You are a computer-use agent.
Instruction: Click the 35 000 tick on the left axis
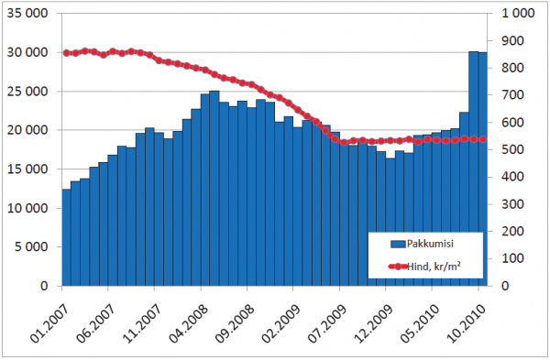click(x=27, y=14)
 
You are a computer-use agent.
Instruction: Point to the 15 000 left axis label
click(x=27, y=169)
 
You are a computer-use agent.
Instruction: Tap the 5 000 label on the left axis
click(x=31, y=247)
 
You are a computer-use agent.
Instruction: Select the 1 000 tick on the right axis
click(x=518, y=14)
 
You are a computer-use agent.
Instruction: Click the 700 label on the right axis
click(x=512, y=95)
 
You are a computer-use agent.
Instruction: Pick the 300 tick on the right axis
click(x=512, y=204)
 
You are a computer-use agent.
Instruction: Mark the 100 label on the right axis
click(x=512, y=258)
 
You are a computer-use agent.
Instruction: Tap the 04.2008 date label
click(x=188, y=322)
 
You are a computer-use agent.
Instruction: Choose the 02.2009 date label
click(x=280, y=322)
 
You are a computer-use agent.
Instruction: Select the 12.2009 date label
click(x=373, y=322)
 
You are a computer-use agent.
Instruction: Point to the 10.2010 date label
click(x=466, y=322)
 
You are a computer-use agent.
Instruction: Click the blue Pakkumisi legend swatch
click(x=398, y=244)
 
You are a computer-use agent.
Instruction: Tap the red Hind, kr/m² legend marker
click(x=398, y=267)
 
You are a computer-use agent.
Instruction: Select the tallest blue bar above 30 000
click(x=474, y=169)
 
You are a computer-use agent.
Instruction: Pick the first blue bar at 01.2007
click(x=66, y=237)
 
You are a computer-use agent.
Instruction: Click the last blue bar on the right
click(x=483, y=169)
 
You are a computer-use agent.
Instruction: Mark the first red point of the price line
click(x=66, y=53)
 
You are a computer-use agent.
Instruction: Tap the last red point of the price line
click(x=483, y=139)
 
